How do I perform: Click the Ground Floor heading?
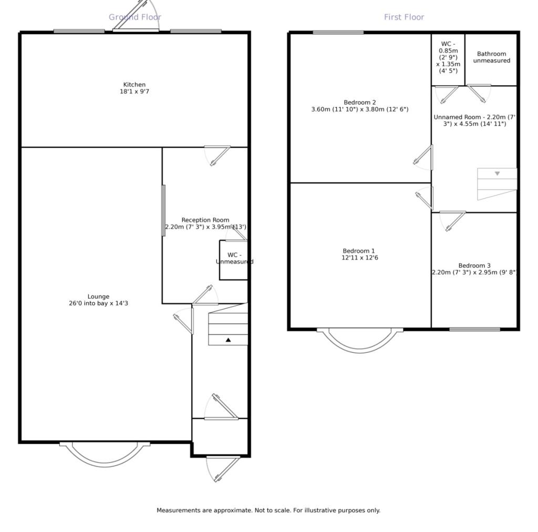[x=135, y=17]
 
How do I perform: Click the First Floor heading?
[x=404, y=17]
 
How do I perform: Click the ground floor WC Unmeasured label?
[x=235, y=258]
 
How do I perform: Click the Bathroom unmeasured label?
[x=492, y=57]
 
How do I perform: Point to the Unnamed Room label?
[x=474, y=120]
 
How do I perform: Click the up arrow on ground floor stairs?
[x=228, y=340]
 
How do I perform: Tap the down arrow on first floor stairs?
[x=497, y=173]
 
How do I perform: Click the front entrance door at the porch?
[x=223, y=469]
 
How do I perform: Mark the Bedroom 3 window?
[x=474, y=330]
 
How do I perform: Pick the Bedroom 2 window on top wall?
[x=338, y=33]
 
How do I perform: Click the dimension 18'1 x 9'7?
[x=134, y=91]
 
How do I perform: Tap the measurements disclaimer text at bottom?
[x=268, y=510]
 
